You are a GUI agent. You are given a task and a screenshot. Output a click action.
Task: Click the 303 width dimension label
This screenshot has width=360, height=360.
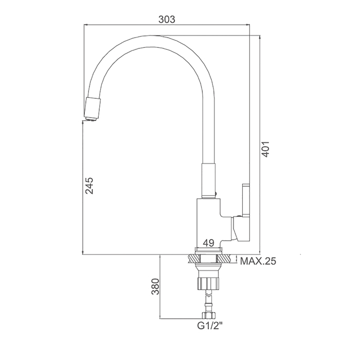pos(167,20)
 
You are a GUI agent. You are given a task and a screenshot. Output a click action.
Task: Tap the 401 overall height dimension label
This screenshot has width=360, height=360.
pos(265,149)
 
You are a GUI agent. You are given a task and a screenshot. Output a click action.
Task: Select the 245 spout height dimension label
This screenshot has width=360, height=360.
pos(89,186)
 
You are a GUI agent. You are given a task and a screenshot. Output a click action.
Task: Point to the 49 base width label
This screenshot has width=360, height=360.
pos(209,243)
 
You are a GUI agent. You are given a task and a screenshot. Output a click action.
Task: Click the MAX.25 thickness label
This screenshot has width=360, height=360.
pos(258,261)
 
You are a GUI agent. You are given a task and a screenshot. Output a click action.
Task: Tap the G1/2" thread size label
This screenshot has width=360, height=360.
pos(210,326)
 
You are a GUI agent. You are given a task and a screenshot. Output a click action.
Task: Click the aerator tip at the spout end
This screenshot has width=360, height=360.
pos(92,119)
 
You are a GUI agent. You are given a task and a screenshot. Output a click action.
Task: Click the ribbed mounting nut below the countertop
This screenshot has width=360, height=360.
pos(208,283)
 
